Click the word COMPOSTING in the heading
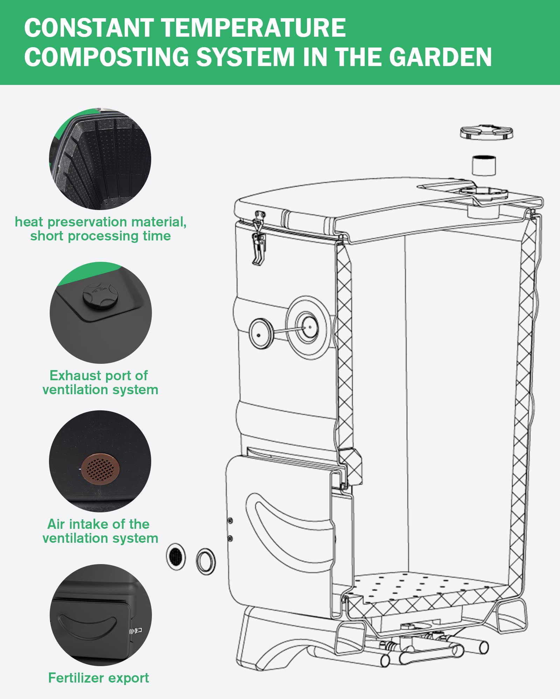[107, 57]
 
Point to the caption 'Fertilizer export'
[98, 678]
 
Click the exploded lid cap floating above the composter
[486, 132]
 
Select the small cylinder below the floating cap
[484, 165]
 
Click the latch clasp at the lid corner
[259, 238]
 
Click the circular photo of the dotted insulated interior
[100, 159]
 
